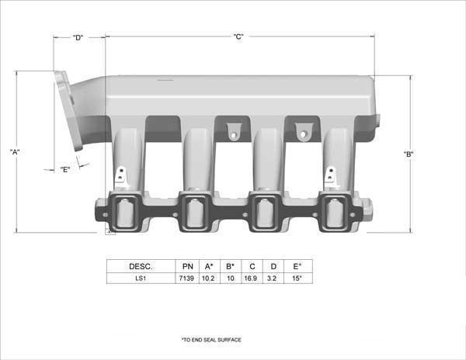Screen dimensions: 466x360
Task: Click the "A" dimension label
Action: coord(15,152)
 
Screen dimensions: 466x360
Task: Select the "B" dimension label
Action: coord(409,154)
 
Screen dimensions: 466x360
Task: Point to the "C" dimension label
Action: coord(238,36)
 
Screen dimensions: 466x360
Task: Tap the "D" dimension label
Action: coord(78,38)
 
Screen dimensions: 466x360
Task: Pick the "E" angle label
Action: coord(65,169)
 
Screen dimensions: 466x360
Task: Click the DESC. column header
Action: coord(141,267)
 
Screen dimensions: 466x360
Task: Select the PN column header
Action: coord(187,267)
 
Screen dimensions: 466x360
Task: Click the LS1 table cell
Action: coord(141,279)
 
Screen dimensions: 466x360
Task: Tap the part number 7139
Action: coord(186,279)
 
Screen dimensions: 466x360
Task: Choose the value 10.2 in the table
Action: coord(208,279)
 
